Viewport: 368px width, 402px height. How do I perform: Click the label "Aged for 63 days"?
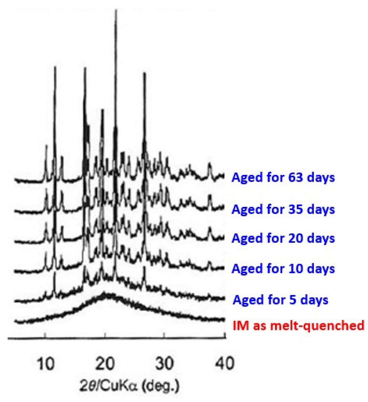[x=283, y=177]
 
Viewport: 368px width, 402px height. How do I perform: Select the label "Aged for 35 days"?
[x=283, y=209]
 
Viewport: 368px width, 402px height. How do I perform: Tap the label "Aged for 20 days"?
[x=283, y=238]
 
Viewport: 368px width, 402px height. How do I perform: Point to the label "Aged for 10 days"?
[x=283, y=268]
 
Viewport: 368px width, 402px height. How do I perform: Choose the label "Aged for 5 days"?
[x=281, y=300]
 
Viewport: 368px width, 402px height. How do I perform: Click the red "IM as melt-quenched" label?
[x=299, y=325]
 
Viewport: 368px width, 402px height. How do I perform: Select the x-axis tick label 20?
[x=105, y=364]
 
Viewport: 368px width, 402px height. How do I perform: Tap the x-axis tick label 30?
[x=165, y=364]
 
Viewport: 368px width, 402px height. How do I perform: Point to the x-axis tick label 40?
[x=225, y=364]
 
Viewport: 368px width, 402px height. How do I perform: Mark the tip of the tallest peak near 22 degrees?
[x=116, y=11]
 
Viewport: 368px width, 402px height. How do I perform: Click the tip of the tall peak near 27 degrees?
[x=144, y=74]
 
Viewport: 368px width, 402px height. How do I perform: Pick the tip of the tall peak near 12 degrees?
[x=55, y=67]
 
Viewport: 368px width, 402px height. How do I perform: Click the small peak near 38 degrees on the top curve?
[x=210, y=164]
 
